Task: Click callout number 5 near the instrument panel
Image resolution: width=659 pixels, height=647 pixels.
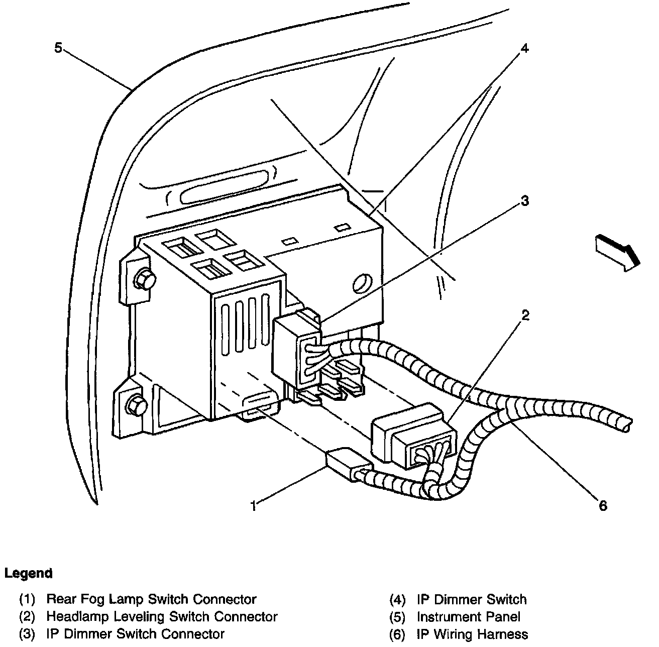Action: [x=58, y=48]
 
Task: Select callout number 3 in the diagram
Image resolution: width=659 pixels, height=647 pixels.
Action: [x=524, y=201]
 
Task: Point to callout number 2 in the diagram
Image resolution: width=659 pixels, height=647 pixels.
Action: [x=525, y=315]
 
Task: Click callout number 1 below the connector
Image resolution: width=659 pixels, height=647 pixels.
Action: [x=255, y=505]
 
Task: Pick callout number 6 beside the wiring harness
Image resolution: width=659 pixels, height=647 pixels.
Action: [x=602, y=505]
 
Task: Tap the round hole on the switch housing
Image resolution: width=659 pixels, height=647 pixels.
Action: [x=362, y=283]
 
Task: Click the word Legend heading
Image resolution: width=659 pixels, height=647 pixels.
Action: [x=28, y=573]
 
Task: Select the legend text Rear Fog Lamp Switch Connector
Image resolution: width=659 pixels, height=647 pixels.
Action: [x=151, y=599]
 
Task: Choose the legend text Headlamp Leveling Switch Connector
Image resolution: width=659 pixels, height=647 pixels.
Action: [x=162, y=616]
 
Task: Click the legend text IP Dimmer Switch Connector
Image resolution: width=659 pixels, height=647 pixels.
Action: [x=135, y=634]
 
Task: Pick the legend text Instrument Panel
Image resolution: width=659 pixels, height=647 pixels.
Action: [x=468, y=616]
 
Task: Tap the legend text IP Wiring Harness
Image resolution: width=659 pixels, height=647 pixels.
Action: [x=472, y=634]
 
